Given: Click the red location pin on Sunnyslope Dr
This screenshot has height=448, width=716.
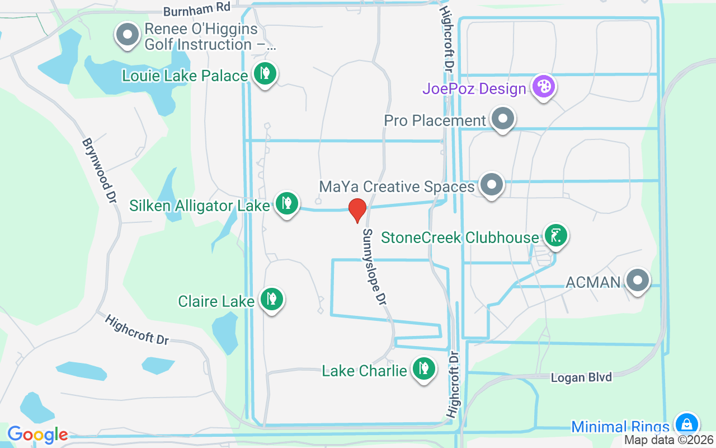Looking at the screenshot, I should (357, 210).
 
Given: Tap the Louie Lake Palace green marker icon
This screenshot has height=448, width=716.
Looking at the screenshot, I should (265, 73).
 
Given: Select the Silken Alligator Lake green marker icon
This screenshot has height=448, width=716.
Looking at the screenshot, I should (287, 203).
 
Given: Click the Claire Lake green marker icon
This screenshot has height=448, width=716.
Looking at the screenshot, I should (272, 299).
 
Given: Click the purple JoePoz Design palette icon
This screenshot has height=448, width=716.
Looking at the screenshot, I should (543, 86).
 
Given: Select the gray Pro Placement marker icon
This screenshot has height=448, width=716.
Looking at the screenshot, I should (503, 119).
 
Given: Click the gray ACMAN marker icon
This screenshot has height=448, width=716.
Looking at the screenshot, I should (637, 280).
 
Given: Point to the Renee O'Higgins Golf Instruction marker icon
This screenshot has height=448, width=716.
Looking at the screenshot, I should (128, 34).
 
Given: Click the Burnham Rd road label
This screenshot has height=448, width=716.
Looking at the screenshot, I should (197, 10).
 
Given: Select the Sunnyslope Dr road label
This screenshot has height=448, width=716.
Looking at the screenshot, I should (375, 267).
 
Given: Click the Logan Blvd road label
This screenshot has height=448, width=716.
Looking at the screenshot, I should (581, 377).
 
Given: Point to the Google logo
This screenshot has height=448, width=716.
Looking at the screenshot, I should (37, 434).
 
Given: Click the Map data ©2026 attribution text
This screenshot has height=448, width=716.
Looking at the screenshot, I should (668, 440).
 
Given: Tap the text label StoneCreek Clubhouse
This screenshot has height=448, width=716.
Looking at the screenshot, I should (460, 237).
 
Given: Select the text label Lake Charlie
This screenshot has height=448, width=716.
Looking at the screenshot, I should (364, 371).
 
